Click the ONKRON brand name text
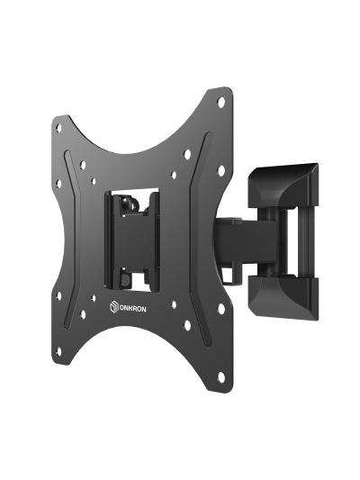(132, 309)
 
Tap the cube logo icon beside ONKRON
(113, 307)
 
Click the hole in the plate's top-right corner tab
(220, 103)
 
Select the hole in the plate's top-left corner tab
(58, 128)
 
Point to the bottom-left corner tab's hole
(58, 351)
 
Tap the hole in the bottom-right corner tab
(220, 377)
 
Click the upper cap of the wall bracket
(283, 186)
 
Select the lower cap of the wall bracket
(283, 297)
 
